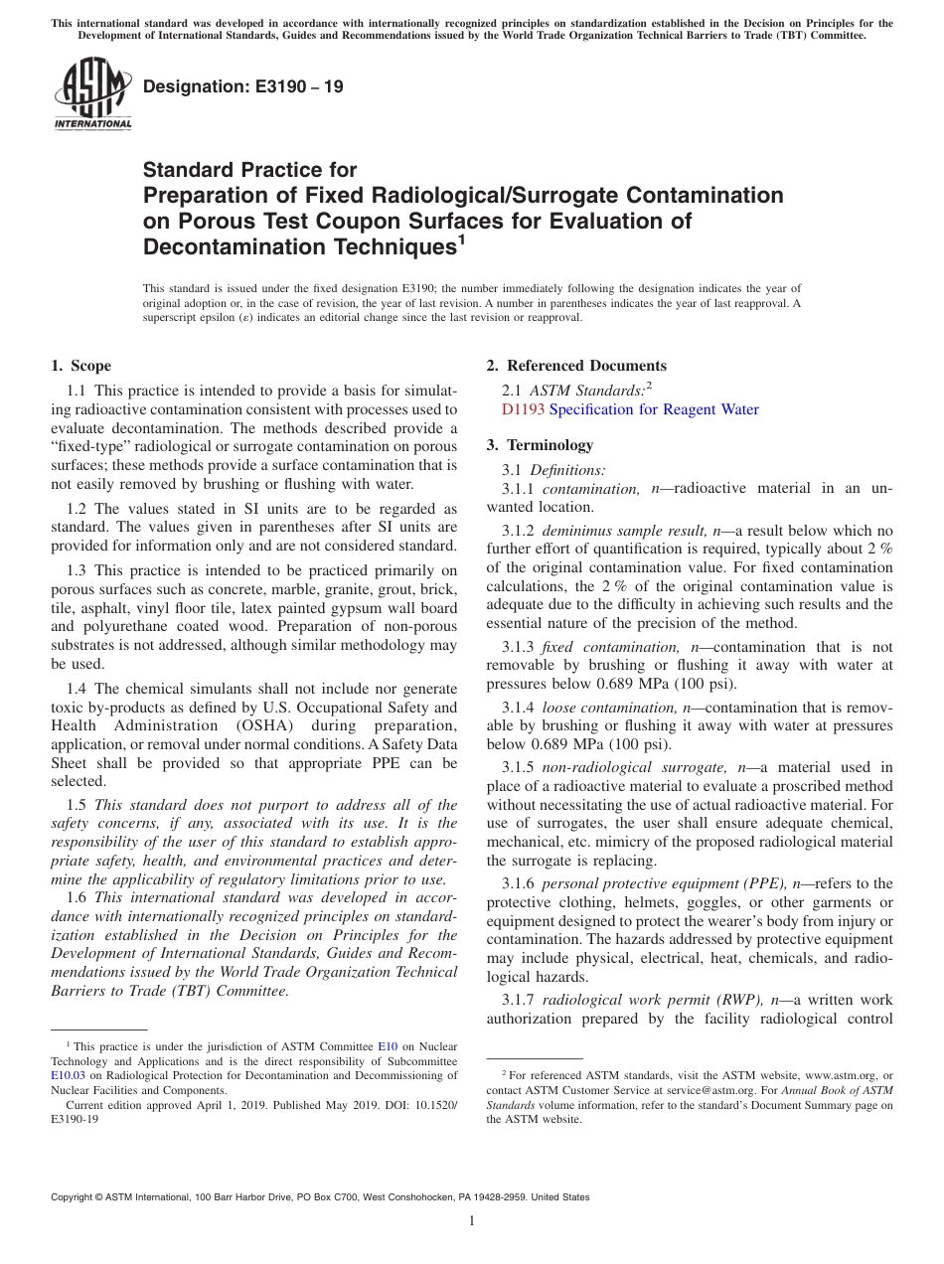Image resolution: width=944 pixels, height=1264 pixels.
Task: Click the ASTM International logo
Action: (91, 94)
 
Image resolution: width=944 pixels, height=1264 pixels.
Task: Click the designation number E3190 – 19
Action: (243, 87)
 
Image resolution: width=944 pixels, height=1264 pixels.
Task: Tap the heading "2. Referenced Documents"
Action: (576, 366)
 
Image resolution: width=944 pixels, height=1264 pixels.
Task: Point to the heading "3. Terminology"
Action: (540, 445)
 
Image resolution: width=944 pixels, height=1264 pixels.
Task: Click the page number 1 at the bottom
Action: (472, 1221)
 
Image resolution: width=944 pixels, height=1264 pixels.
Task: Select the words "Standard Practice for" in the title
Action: (249, 170)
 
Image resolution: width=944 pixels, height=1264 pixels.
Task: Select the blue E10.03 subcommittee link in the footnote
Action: (66, 1075)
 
